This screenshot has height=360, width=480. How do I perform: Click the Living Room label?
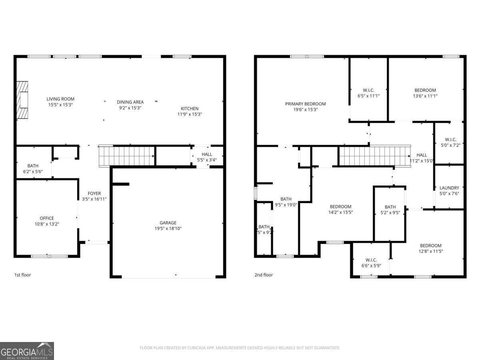[60, 99]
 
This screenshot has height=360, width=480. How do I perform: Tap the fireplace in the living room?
[22, 100]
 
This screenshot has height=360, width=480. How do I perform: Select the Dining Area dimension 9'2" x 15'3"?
[130, 108]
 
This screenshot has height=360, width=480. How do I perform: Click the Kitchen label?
[189, 108]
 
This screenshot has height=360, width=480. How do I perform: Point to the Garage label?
[168, 223]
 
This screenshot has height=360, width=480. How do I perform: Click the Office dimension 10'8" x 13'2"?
[47, 224]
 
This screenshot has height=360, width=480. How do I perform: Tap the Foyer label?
[94, 194]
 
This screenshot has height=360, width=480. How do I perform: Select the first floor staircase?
[127, 156]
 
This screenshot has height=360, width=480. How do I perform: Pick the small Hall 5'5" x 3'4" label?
[207, 154]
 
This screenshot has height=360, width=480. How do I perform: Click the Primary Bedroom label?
[305, 104]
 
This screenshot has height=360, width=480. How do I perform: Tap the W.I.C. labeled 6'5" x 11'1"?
[368, 90]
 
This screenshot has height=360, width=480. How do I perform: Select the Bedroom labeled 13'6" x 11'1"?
[425, 90]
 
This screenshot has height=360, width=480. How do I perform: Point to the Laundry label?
[449, 188]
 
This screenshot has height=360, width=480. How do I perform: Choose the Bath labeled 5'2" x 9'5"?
[390, 207]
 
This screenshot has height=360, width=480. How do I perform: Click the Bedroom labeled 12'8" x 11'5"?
[430, 246]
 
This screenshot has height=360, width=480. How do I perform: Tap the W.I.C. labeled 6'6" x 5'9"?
[371, 260]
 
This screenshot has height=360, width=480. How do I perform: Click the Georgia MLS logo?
[27, 351]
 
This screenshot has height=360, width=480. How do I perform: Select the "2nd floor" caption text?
[264, 275]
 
